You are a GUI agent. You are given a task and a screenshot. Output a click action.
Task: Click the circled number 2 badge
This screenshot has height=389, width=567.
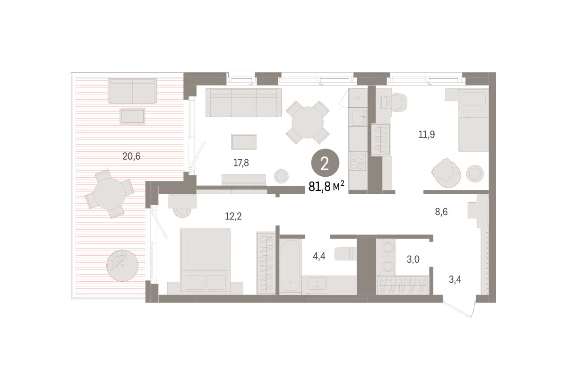point(325,163)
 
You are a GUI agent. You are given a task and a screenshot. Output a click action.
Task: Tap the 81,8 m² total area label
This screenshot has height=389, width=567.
point(326,187)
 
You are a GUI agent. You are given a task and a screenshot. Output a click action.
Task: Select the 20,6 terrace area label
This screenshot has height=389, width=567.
point(131,156)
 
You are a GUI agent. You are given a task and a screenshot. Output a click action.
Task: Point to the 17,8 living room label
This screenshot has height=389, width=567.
point(241,163)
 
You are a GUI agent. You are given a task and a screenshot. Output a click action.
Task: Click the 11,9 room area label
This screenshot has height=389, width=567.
point(427,135)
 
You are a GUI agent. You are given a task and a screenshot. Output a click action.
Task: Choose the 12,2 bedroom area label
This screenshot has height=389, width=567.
point(233,216)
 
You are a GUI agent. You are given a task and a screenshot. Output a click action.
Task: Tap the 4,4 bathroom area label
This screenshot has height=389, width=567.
point(319,256)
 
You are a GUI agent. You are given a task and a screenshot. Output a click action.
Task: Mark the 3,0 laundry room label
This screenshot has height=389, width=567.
point(413,259)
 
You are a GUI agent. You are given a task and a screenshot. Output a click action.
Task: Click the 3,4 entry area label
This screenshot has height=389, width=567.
point(455,280)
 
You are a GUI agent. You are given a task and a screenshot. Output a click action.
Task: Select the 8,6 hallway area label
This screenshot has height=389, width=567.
point(441,212)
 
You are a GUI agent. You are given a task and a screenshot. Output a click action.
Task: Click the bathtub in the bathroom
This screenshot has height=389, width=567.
point(290,265)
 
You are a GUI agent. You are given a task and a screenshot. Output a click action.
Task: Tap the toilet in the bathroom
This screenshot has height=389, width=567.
point(345,254)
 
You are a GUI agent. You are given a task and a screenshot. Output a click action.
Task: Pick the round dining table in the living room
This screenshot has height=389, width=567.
point(308,122)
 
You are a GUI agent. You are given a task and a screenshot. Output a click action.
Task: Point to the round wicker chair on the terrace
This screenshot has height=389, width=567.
point(122,266)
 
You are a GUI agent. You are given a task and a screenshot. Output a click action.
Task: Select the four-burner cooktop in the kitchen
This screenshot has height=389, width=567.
point(358,161)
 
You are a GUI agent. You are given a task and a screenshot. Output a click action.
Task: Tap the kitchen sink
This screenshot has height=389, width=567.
point(358,117)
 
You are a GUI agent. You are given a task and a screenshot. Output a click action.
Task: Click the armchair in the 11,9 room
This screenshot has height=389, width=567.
point(446,173)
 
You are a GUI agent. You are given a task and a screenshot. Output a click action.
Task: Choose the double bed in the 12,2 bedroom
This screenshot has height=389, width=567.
point(205,261)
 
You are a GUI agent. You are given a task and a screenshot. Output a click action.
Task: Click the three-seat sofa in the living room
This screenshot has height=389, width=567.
point(243,103)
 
